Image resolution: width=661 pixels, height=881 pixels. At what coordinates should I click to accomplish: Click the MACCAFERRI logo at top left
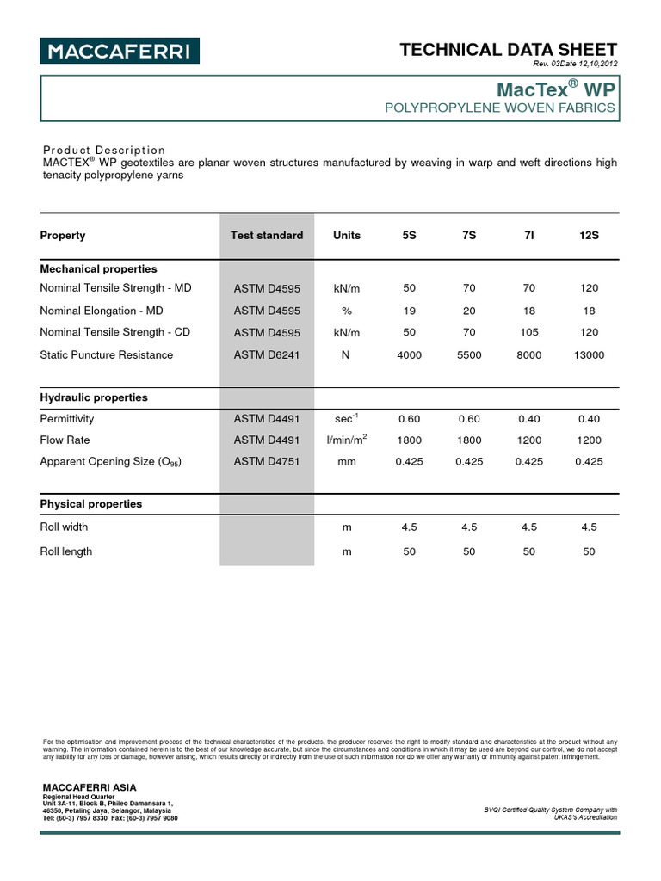pos(119,51)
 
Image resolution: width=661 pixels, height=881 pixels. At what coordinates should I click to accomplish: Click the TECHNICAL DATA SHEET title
pos(509,50)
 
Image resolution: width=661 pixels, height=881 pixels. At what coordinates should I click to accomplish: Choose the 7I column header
pos(528,235)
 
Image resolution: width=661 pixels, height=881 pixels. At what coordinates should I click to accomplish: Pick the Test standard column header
pos(267,235)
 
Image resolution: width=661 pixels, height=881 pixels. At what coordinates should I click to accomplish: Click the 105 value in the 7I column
pos(528,332)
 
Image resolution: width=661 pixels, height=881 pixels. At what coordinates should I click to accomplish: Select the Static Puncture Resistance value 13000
pos(589,354)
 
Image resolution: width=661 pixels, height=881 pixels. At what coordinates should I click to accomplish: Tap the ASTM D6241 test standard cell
pos(267,354)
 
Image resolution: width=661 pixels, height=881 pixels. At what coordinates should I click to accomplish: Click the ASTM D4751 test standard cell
pos(267,461)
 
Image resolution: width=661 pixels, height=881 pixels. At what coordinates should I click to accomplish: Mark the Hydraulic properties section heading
pos(94,397)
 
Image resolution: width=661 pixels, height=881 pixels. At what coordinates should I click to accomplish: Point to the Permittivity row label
pos(67,419)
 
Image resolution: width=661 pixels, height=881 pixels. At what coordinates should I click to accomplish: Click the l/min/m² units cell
pos(347,440)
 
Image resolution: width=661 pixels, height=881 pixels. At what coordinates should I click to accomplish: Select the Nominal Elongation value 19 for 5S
pos(409,311)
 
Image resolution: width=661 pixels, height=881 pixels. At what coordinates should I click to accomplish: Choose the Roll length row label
pos(66,551)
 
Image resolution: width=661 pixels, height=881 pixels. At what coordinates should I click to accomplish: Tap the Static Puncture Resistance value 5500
pos(469,354)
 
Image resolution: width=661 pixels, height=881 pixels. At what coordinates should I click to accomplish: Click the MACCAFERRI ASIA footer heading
pos(90,787)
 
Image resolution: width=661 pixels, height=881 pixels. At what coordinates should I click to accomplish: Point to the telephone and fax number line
pos(110,818)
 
